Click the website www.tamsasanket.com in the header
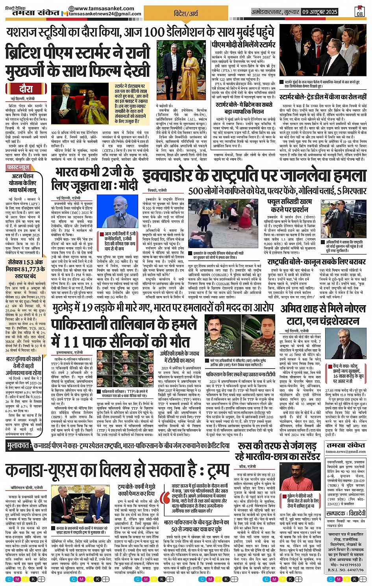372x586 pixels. click(x=104, y=8)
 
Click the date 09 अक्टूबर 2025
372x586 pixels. click(x=320, y=12)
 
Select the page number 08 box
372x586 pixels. click(x=360, y=12)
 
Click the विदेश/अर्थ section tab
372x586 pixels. click(x=186, y=13)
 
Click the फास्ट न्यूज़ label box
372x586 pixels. click(x=18, y=167)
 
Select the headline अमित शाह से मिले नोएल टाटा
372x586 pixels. click(x=323, y=315)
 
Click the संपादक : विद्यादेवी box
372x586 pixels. click(x=346, y=513)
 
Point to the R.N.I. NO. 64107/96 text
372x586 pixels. click(x=346, y=570)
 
